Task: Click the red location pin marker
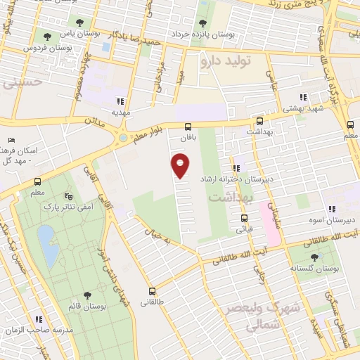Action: click(x=181, y=166)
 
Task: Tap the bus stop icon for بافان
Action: click(x=187, y=127)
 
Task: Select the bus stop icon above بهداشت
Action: click(x=259, y=122)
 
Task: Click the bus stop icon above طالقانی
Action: click(x=151, y=291)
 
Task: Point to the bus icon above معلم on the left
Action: click(x=37, y=181)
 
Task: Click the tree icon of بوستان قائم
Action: click(x=86, y=296)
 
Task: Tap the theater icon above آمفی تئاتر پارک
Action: click(x=67, y=196)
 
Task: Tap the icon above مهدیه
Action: click(x=120, y=101)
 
